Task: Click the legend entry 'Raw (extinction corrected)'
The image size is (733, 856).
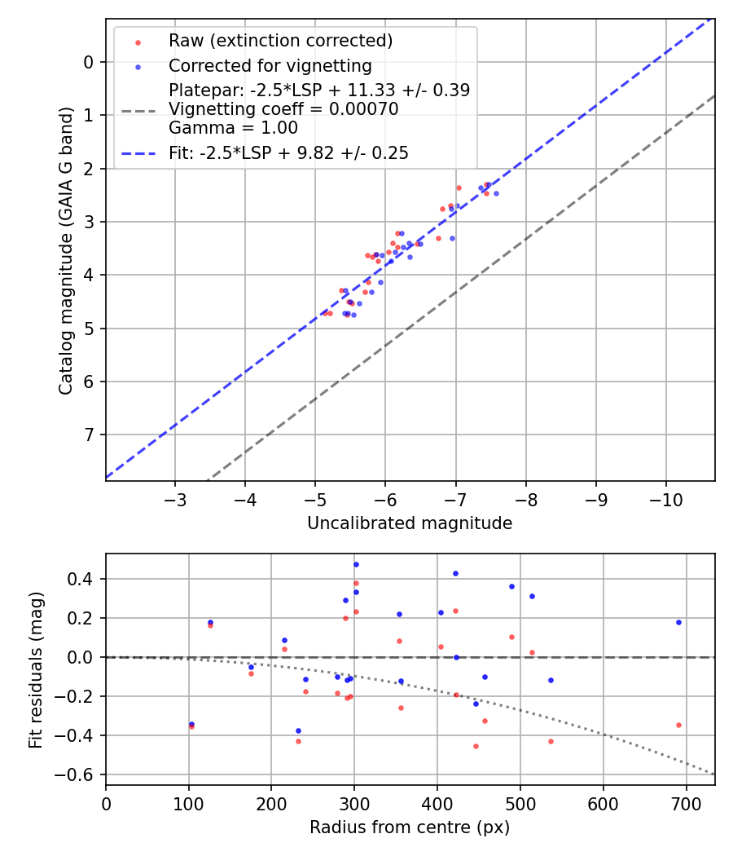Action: pyautogui.click(x=280, y=41)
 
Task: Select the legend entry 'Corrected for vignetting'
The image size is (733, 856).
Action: pyautogui.click(x=270, y=65)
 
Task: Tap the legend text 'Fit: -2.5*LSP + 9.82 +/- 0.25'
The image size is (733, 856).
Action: pyautogui.click(x=288, y=153)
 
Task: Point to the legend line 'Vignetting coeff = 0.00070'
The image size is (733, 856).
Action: pyautogui.click(x=283, y=109)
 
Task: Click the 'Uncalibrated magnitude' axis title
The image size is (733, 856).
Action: pyautogui.click(x=410, y=523)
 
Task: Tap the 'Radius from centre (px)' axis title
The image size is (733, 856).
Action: pyautogui.click(x=410, y=827)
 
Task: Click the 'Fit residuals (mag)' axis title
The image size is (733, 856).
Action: pyautogui.click(x=35, y=669)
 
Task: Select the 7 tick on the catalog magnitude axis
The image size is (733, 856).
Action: pyautogui.click(x=89, y=435)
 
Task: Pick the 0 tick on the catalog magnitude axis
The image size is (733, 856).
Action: pyautogui.click(x=89, y=62)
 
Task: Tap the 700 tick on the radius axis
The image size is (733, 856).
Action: pyautogui.click(x=686, y=804)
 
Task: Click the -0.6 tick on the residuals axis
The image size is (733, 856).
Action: pyautogui.click(x=81, y=774)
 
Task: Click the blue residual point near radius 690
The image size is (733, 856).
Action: pyautogui.click(x=678, y=622)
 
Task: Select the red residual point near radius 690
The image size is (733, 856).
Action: pyautogui.click(x=678, y=725)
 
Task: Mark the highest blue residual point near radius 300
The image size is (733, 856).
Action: pyautogui.click(x=356, y=564)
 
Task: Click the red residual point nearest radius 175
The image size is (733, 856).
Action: pyautogui.click(x=251, y=673)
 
